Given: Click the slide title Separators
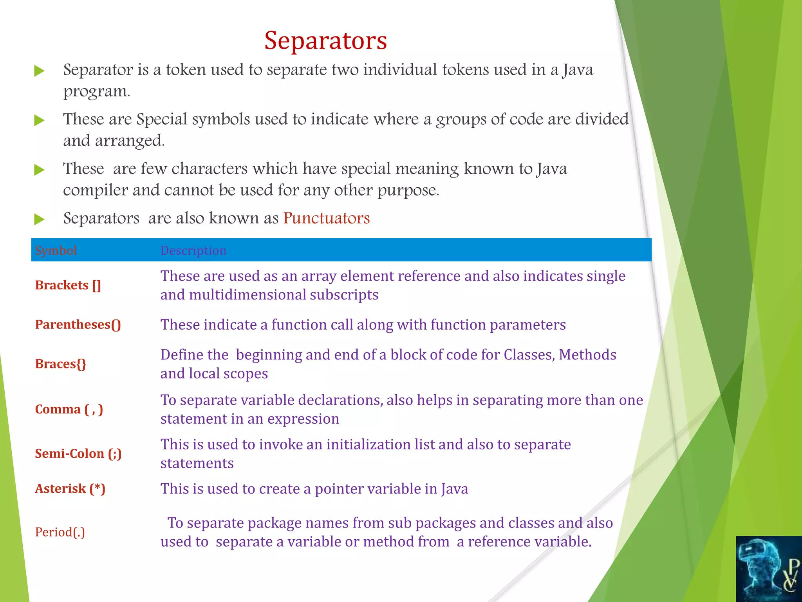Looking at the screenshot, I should [x=325, y=40].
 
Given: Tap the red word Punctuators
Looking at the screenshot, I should [x=326, y=218].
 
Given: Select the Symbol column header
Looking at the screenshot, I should [x=56, y=250].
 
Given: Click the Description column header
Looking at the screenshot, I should [x=193, y=250].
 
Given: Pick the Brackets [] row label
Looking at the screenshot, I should [x=68, y=285].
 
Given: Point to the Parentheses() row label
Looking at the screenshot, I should [x=78, y=325].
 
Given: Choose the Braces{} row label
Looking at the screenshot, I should [x=61, y=364].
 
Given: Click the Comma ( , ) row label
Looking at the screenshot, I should [x=69, y=410].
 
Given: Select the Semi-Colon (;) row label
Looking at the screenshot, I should [x=78, y=454].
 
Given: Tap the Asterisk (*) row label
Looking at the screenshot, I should [x=70, y=489].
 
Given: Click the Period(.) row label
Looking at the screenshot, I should [x=60, y=532].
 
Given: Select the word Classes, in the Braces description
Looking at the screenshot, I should [x=529, y=355].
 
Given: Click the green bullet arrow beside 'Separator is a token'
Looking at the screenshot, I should [x=39, y=71].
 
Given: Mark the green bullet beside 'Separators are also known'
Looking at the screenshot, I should [x=39, y=219].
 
